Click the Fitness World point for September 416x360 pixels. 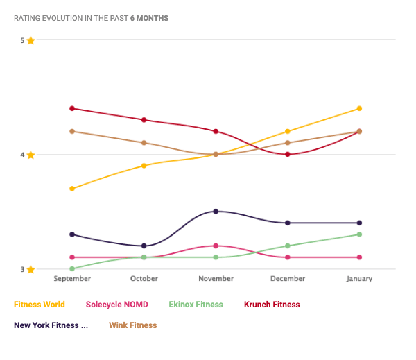(72, 189)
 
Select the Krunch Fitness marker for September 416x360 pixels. (72, 108)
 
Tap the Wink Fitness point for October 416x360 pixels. (144, 143)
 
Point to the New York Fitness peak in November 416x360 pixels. (216, 211)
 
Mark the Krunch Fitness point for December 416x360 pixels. (288, 154)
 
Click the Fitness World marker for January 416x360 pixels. (359, 108)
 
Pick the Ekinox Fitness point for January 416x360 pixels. (359, 234)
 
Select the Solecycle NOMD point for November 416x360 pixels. (216, 246)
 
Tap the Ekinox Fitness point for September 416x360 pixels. (72, 268)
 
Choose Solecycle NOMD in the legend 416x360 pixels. (121, 305)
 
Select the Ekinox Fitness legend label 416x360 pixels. (196, 305)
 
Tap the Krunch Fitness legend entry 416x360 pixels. (272, 305)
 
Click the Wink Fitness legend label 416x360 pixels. (133, 325)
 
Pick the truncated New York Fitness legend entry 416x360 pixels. (51, 325)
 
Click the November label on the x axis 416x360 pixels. (216, 279)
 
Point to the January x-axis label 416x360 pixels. (359, 279)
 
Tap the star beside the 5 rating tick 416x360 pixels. (31, 40)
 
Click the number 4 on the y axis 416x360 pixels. (22, 155)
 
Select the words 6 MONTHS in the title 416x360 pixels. (149, 17)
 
